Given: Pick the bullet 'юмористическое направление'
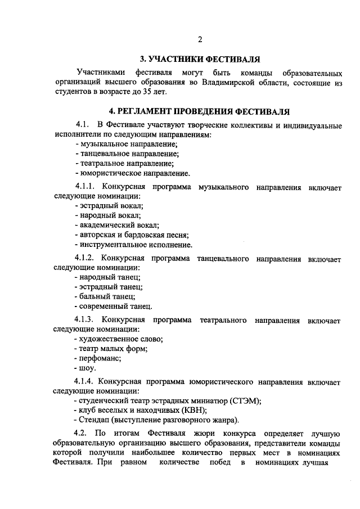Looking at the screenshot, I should [135, 173].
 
